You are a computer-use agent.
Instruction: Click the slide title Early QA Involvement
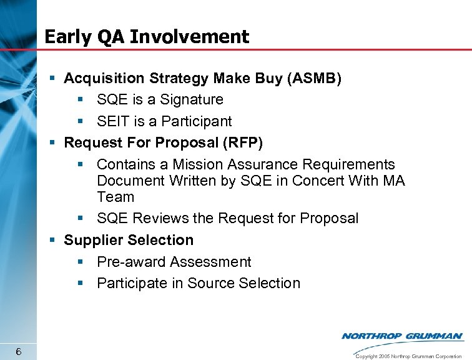147,37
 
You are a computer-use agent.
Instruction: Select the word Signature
192,99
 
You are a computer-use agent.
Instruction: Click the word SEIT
114,121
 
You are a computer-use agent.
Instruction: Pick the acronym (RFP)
242,142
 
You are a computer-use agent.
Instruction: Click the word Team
116,197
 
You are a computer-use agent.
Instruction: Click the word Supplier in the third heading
93,240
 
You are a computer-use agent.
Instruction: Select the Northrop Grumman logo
402,336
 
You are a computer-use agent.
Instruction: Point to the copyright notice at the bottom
408,356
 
